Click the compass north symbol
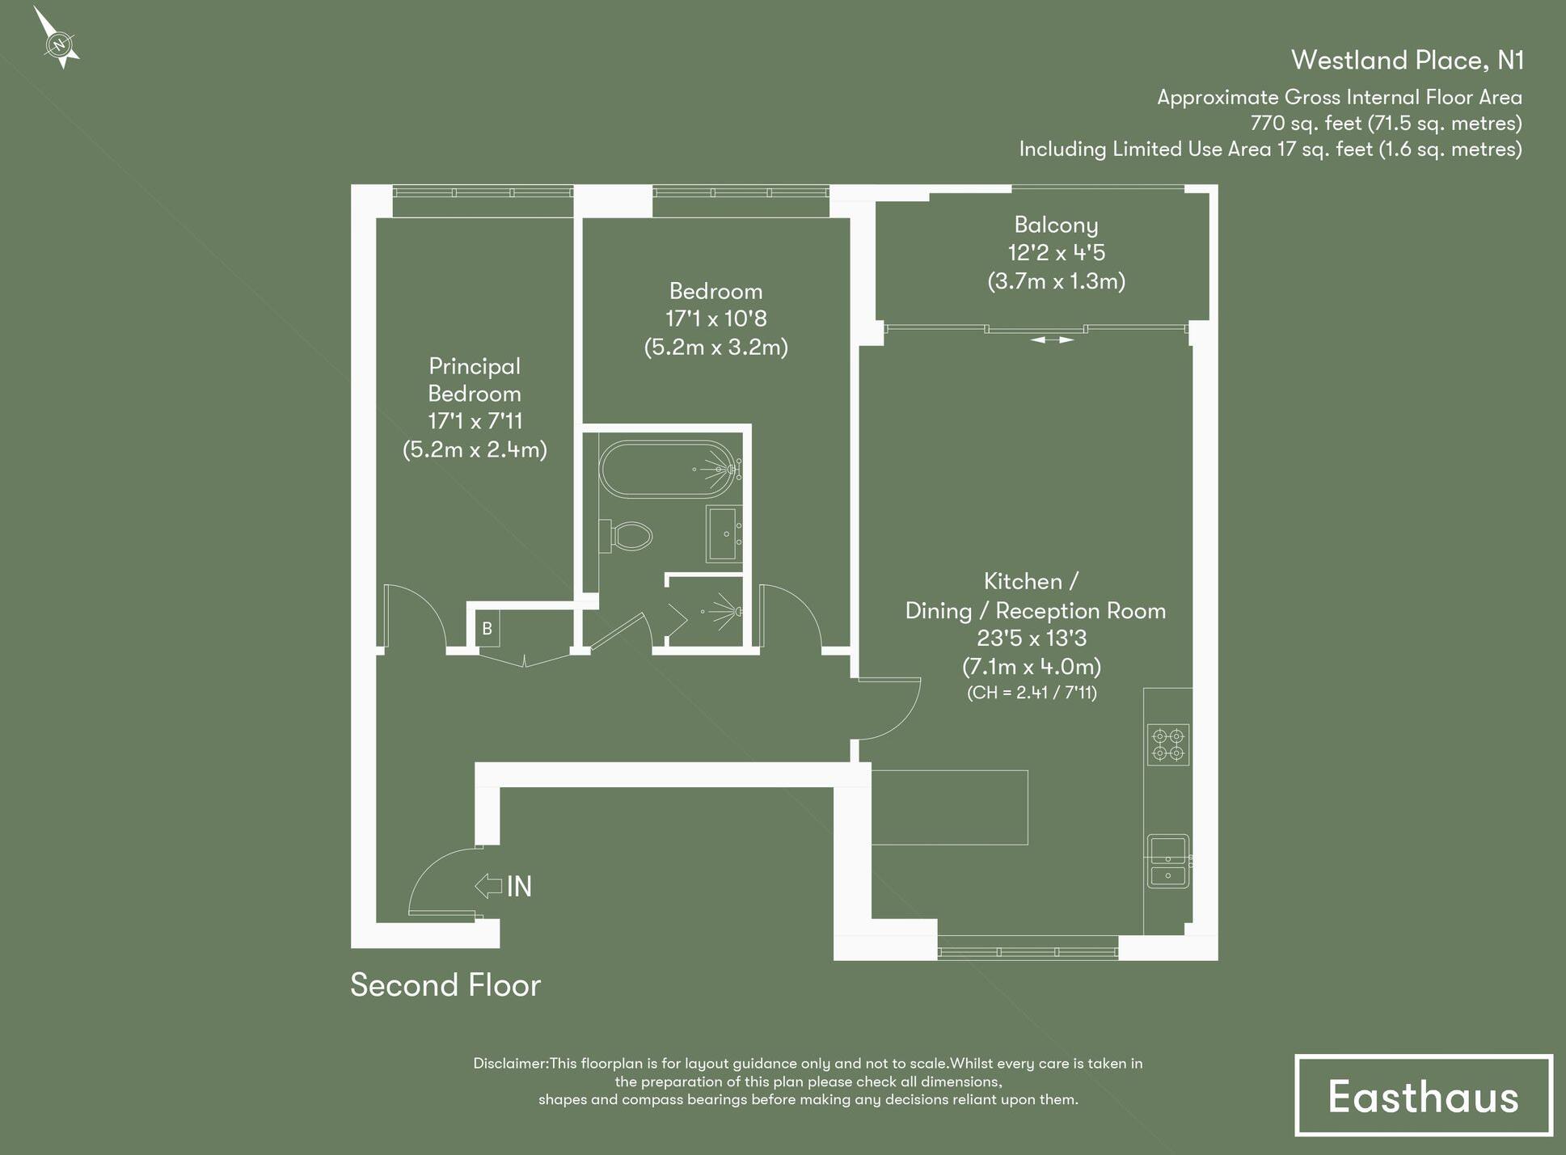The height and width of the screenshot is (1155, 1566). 58,43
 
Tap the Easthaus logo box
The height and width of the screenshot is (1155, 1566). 1423,1096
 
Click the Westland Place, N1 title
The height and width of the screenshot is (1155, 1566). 1407,60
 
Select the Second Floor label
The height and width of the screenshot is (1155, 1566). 445,985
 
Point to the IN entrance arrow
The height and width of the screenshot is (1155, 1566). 489,886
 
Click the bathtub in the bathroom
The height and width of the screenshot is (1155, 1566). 668,468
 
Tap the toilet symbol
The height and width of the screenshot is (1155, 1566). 628,535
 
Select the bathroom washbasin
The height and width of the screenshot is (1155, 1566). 724,533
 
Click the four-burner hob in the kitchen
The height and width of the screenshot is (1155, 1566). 1167,744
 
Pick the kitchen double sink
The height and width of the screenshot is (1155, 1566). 1168,860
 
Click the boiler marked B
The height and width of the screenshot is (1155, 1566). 487,629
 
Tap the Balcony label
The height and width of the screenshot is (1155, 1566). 1056,225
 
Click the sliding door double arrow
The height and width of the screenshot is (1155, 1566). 1052,340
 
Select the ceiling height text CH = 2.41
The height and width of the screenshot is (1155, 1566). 1032,693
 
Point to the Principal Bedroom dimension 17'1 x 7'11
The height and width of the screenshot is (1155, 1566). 475,421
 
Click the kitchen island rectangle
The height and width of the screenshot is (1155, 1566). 949,807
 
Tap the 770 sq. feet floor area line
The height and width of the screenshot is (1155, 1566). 1386,123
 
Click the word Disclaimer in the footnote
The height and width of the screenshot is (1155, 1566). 510,1064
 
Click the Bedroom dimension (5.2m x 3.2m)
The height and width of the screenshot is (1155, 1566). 715,348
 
